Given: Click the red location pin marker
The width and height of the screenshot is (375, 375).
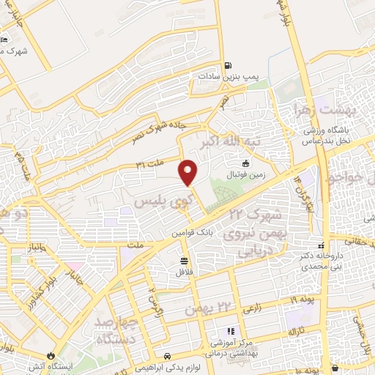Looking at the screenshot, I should pyautogui.click(x=188, y=172).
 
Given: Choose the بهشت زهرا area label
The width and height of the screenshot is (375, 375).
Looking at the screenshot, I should pyautogui.click(x=325, y=111).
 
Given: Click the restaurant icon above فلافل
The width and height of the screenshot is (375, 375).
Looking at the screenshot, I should pyautogui.click(x=183, y=261).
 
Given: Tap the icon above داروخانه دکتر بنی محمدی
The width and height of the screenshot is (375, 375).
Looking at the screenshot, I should pyautogui.click(x=320, y=245).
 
